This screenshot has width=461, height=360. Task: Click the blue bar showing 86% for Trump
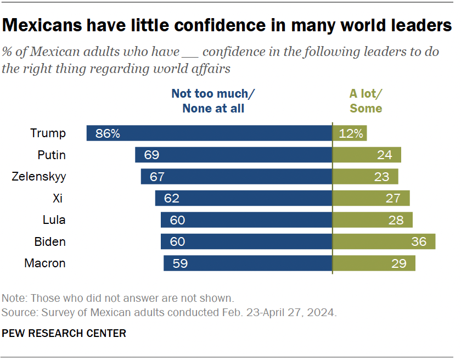(x=209, y=133)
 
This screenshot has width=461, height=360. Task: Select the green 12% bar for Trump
(x=350, y=133)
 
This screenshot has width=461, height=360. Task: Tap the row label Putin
(x=51, y=155)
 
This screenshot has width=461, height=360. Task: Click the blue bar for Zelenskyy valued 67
(x=237, y=177)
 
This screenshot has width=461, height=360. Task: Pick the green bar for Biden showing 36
(x=384, y=241)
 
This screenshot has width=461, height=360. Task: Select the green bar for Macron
(x=374, y=263)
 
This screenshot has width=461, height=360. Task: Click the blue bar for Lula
(x=246, y=220)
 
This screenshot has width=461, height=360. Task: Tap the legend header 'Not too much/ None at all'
(x=213, y=101)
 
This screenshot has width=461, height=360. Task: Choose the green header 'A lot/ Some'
(x=366, y=101)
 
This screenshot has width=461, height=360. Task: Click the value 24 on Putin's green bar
(x=384, y=155)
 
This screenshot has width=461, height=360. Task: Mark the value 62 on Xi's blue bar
(x=171, y=199)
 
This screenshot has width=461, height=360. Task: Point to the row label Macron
(x=45, y=263)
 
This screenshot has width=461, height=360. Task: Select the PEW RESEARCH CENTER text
(x=64, y=333)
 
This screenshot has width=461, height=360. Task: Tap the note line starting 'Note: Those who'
(x=118, y=299)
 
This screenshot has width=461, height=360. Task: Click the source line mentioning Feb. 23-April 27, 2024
(x=169, y=313)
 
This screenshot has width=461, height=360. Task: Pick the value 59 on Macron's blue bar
(x=179, y=263)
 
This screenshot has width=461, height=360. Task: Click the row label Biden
(x=50, y=241)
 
